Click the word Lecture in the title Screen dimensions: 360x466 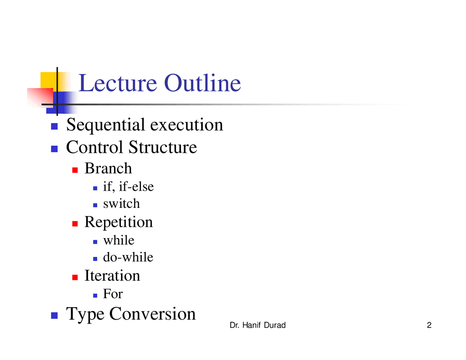click(118, 83)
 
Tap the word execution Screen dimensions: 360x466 click(186, 125)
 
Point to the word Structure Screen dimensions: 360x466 click(162, 147)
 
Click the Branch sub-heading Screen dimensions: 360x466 click(108, 169)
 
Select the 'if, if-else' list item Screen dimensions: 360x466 click(128, 187)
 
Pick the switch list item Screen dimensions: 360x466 click(121, 204)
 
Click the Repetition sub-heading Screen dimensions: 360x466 click(118, 222)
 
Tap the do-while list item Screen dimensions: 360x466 click(128, 257)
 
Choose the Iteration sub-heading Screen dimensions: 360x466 click(112, 276)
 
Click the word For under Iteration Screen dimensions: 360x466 click(113, 294)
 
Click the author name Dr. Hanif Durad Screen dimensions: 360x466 click(257, 325)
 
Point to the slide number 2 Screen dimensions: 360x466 click(429, 325)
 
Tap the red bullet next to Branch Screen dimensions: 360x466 click(75, 170)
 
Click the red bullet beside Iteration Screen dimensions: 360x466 click(75, 277)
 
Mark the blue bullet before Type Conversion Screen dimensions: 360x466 click(54, 316)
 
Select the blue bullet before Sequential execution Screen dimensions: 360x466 click(54, 127)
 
